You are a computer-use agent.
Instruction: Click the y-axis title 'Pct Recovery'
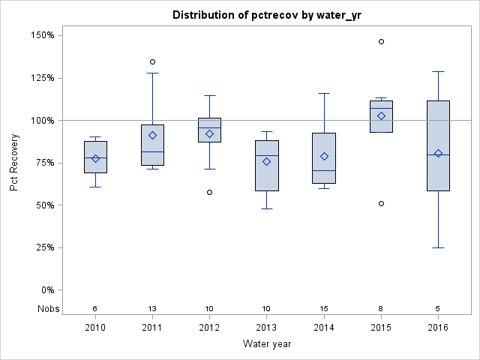[14, 163]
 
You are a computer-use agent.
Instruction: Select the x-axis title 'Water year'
[266, 343]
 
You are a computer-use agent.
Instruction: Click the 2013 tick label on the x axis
[266, 327]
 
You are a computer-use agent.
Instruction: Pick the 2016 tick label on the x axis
[438, 327]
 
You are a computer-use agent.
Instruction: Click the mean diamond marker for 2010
[95, 158]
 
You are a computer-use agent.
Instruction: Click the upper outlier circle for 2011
[152, 61]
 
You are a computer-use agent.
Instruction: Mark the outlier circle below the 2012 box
[209, 192]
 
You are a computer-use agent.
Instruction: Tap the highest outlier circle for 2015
[381, 41]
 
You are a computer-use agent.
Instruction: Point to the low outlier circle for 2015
[381, 203]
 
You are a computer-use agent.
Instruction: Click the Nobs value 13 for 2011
[152, 308]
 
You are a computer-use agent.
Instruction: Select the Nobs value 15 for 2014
[324, 308]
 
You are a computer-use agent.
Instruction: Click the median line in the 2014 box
[324, 170]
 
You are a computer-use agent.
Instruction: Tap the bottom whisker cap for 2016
[438, 247]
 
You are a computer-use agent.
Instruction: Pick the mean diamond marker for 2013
[266, 161]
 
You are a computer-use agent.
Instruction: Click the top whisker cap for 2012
[209, 95]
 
